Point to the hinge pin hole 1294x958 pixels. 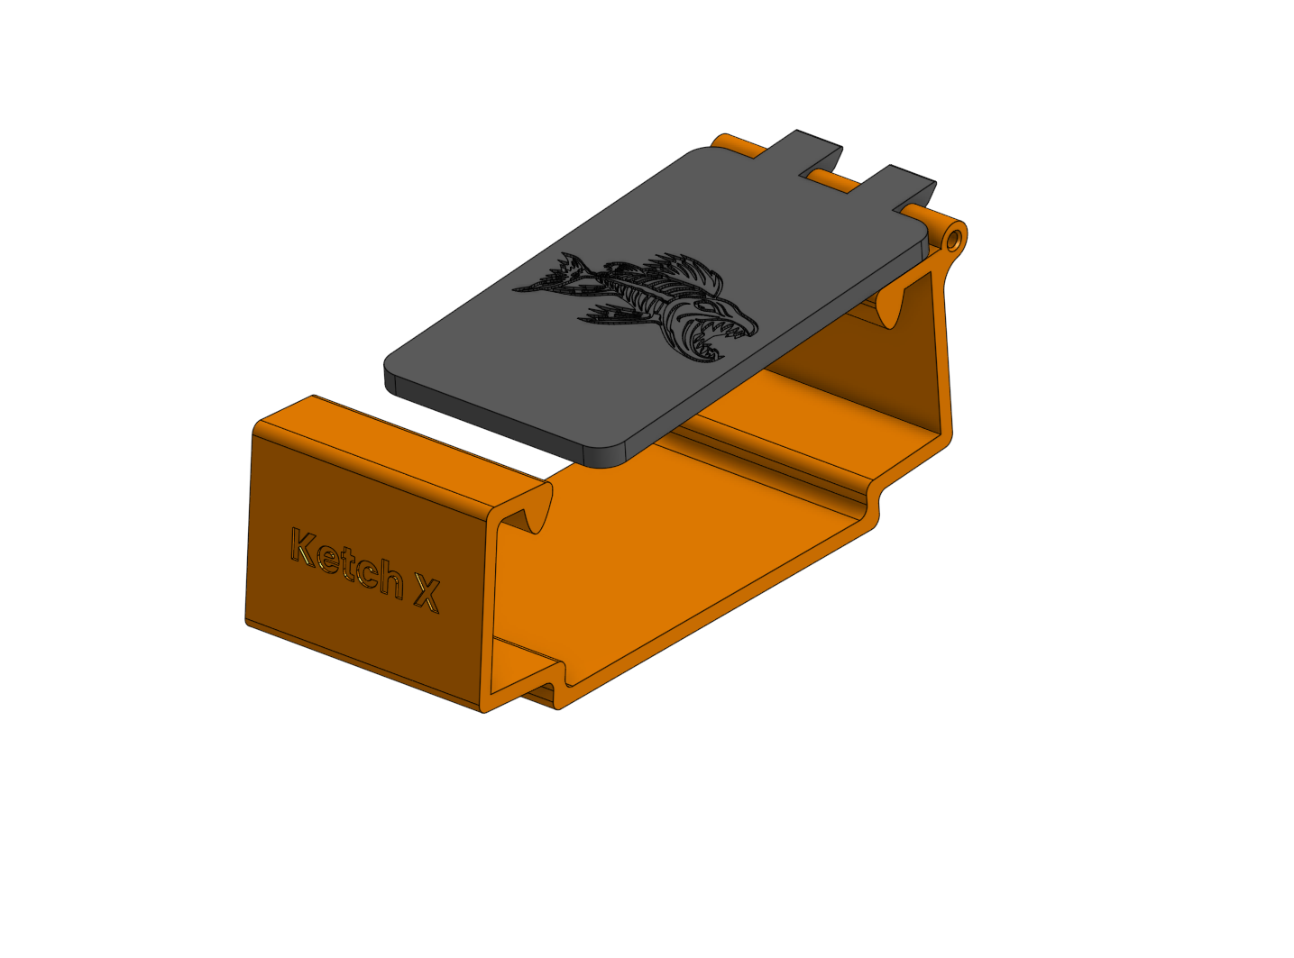pyautogui.click(x=954, y=240)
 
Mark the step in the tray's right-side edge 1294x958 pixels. pyautogui.click(x=873, y=505)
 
